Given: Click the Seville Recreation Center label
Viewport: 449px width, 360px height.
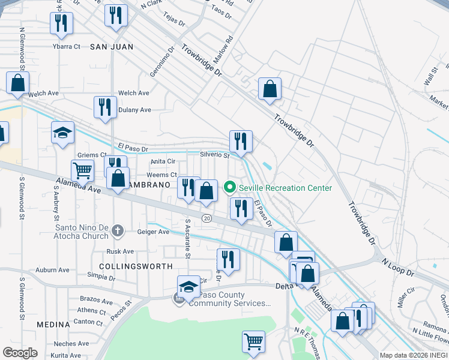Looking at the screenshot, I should tap(285, 188).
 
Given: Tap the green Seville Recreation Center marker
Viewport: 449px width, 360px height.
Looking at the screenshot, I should tap(229, 188).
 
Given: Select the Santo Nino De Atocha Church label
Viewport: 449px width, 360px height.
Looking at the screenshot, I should tap(83, 228).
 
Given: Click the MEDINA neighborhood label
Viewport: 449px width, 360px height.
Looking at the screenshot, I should tap(53, 325).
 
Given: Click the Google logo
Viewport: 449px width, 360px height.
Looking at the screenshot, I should tap(20, 353).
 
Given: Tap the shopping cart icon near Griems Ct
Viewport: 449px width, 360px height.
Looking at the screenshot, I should tap(82, 170).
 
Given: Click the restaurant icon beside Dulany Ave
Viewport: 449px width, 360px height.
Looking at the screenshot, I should tap(105, 107).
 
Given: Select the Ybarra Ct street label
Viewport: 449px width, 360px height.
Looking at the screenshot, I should tap(66, 46).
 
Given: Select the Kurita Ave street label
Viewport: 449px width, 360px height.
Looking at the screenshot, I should tap(66, 356).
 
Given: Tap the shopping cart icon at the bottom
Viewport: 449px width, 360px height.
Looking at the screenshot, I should tap(253, 341).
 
